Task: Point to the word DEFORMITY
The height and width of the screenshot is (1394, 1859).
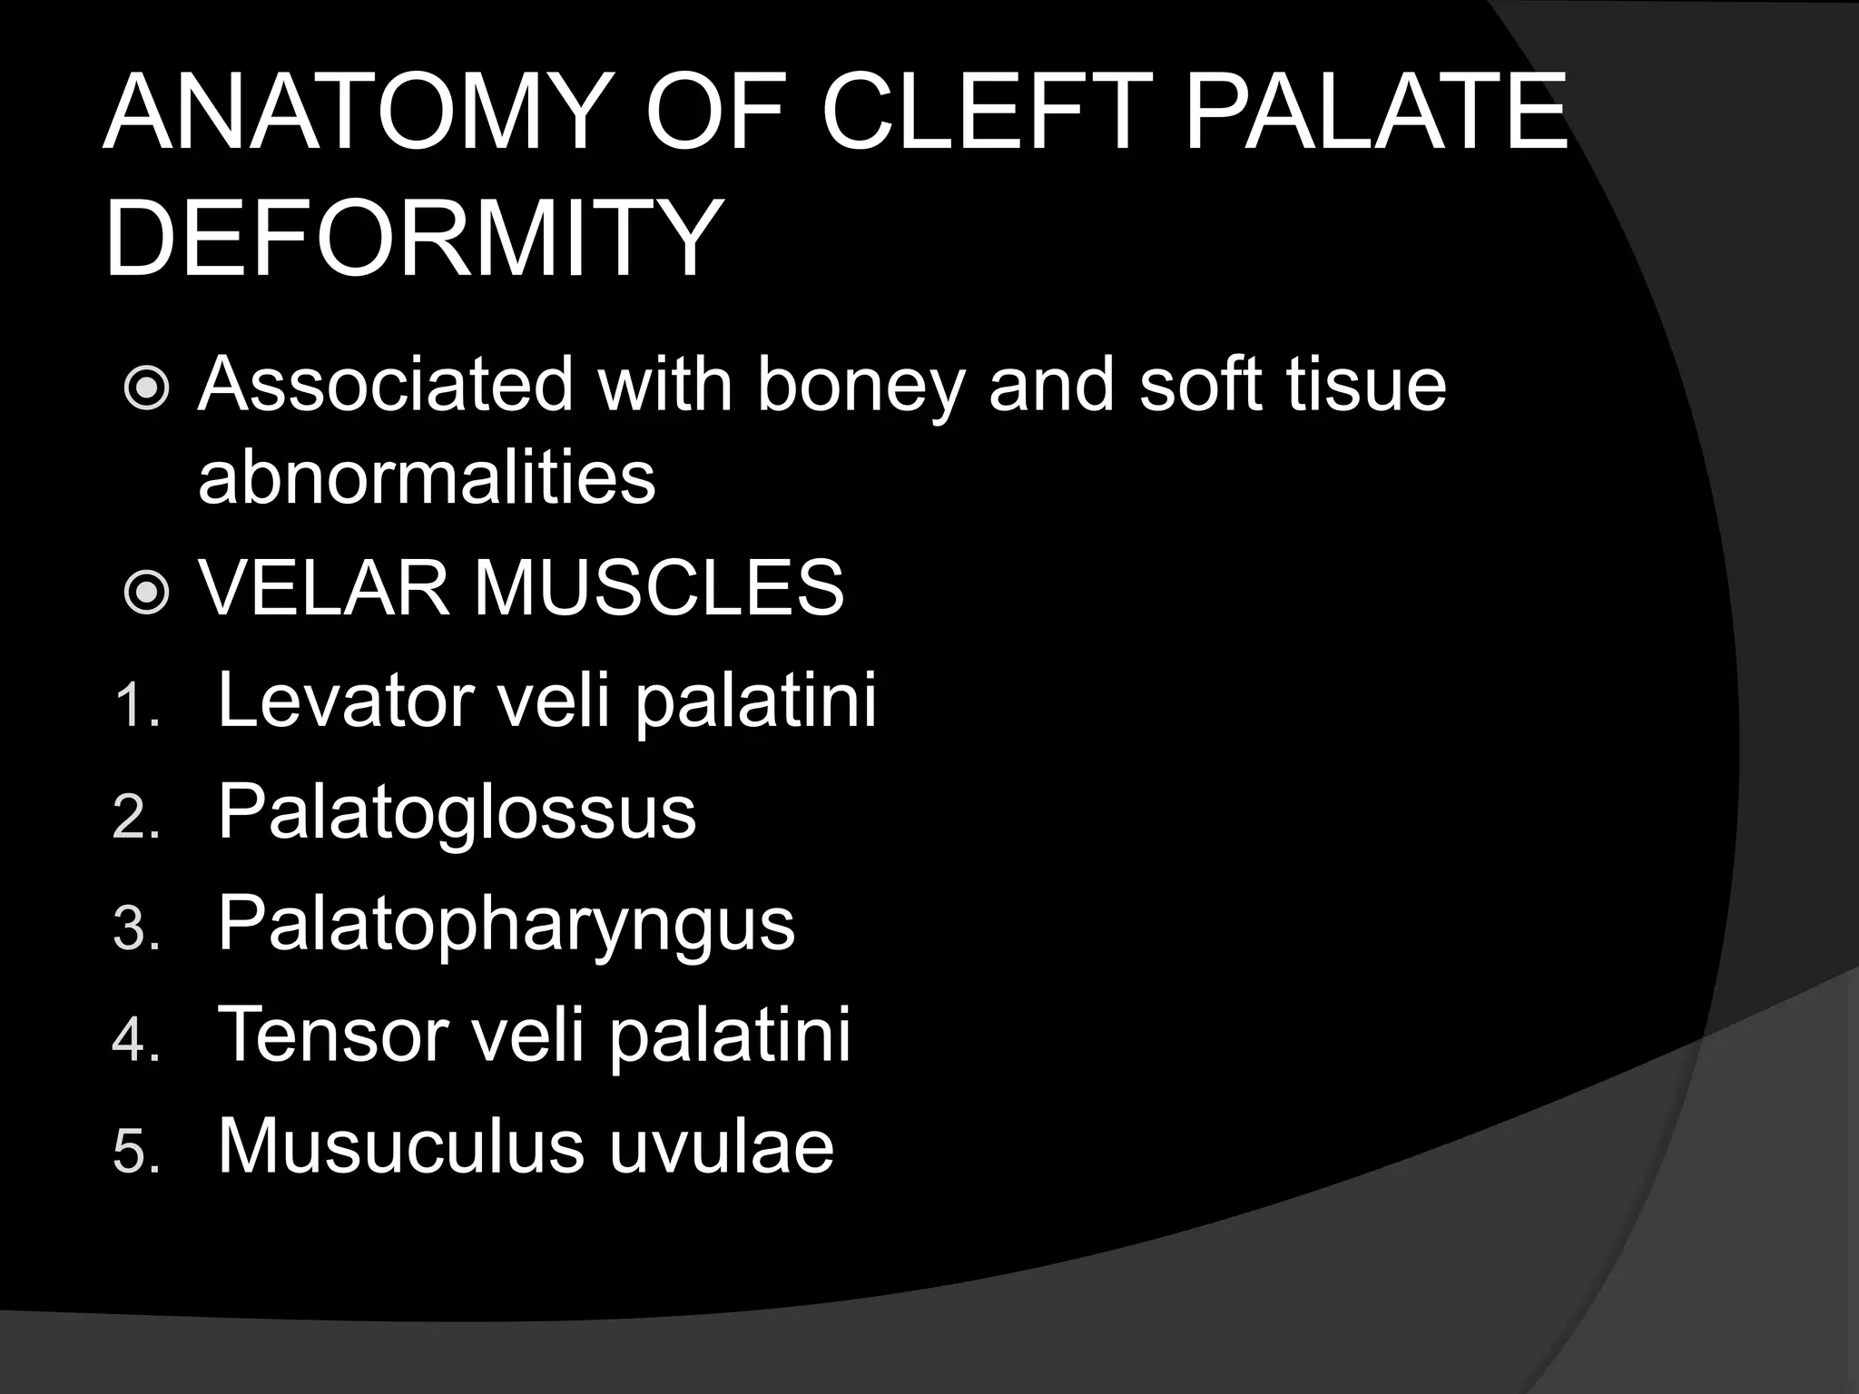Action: click(413, 239)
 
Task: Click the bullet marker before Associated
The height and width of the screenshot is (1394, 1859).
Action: click(146, 388)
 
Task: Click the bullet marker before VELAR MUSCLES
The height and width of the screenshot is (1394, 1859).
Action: click(146, 593)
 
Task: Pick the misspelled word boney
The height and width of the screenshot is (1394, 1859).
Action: click(859, 386)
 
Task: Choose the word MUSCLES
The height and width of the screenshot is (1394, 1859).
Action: click(659, 588)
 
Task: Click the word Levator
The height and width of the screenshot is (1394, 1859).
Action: click(346, 700)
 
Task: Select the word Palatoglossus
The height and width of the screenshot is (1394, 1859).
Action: click(457, 812)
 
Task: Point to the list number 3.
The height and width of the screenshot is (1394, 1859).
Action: click(135, 928)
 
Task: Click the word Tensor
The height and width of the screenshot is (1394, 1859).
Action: click(333, 1035)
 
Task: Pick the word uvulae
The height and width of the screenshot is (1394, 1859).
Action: click(721, 1146)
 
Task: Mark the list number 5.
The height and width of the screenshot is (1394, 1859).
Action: click(135, 1152)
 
